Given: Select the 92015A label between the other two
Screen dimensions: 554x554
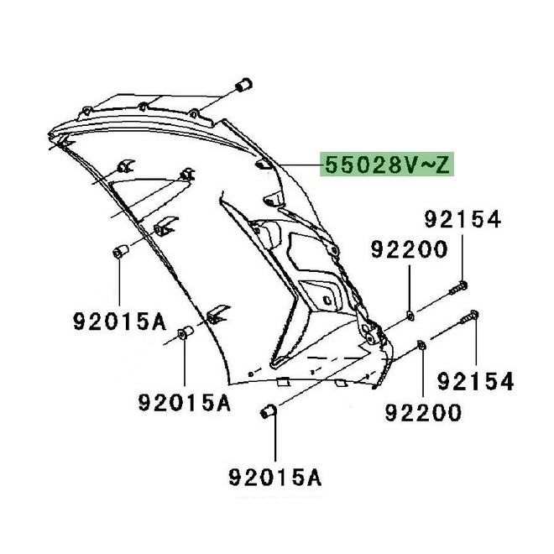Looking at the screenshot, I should tap(184, 403).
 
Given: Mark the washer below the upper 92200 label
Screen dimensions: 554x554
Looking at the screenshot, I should tap(410, 315).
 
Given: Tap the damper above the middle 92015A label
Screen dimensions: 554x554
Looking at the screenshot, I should tap(183, 337).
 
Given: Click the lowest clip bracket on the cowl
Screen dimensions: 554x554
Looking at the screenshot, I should tap(217, 314).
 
